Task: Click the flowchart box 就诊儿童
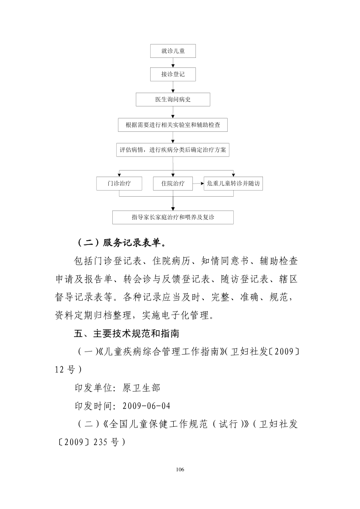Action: point(173,51)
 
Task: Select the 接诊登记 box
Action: point(173,74)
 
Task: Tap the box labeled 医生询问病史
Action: point(173,100)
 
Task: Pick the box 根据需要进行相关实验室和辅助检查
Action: point(173,125)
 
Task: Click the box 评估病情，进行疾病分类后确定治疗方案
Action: point(173,150)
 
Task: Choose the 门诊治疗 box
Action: point(119,184)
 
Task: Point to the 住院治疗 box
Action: point(173,184)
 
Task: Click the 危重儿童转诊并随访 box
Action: point(233,184)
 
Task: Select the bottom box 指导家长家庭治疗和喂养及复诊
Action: point(173,218)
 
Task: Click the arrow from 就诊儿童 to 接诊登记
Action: point(173,63)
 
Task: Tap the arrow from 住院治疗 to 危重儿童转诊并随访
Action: point(198,184)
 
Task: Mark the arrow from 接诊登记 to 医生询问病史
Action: point(173,87)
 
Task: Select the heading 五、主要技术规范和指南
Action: point(127,333)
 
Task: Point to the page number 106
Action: point(180,469)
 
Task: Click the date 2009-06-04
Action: point(147,406)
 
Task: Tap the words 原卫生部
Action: point(141,388)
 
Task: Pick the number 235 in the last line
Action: point(101,442)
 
